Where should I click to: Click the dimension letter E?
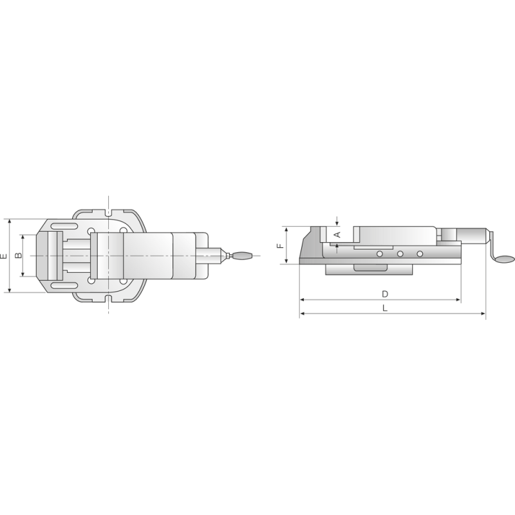click(5, 256)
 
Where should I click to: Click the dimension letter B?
click(19, 256)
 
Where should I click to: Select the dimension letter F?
click(279, 245)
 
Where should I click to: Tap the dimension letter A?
click(337, 235)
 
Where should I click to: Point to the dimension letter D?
click(384, 294)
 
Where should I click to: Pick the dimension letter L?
click(384, 308)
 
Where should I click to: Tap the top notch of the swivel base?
click(109, 212)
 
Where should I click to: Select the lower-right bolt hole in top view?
click(123, 281)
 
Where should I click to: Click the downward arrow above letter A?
click(337, 221)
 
